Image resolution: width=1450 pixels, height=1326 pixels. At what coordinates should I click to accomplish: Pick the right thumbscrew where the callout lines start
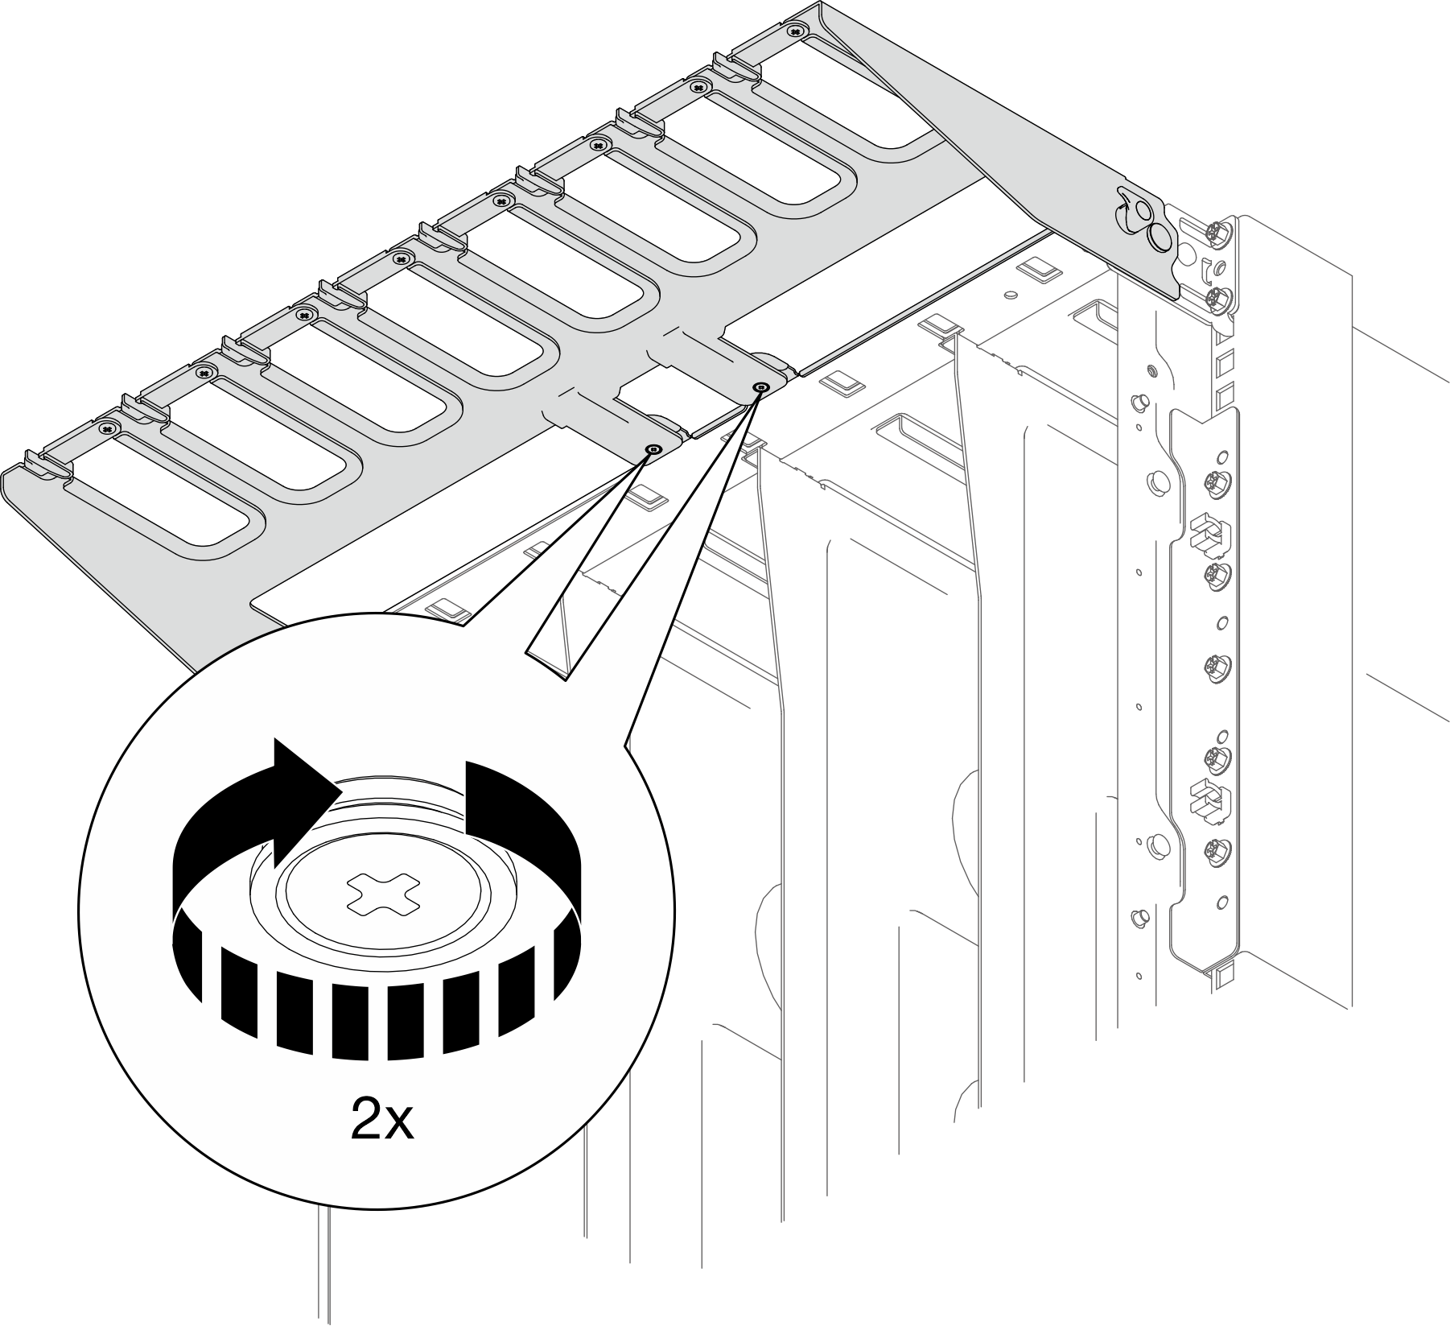click(759, 388)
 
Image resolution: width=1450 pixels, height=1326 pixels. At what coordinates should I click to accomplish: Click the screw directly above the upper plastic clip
click(1213, 482)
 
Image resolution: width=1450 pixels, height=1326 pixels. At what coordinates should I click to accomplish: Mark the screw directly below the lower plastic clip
click(1213, 849)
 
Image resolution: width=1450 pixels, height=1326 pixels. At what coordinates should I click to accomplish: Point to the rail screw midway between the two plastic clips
click(1213, 666)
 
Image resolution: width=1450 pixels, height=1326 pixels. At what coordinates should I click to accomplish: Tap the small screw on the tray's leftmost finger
click(107, 428)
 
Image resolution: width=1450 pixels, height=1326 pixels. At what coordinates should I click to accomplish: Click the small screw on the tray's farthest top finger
click(795, 30)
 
